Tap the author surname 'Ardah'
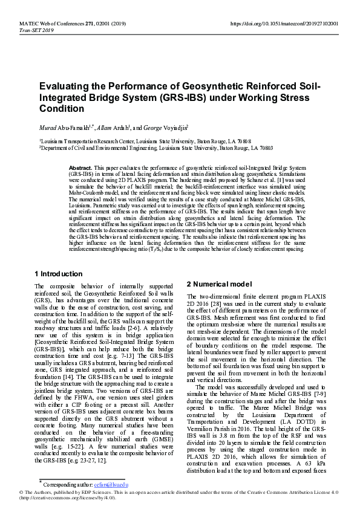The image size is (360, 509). (x=122, y=128)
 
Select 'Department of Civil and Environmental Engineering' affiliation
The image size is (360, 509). (x=103, y=146)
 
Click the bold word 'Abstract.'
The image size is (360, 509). (x=80, y=166)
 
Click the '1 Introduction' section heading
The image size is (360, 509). (x=59, y=274)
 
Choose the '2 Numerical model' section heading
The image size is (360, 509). (x=218, y=284)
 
